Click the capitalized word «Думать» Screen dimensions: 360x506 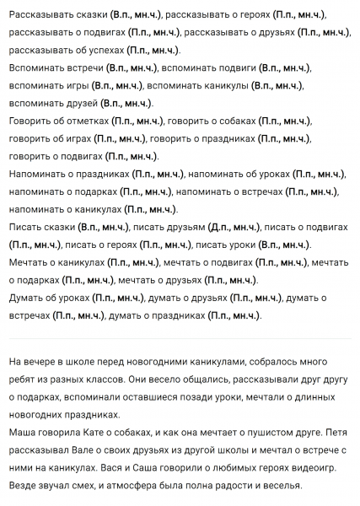tap(29, 299)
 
